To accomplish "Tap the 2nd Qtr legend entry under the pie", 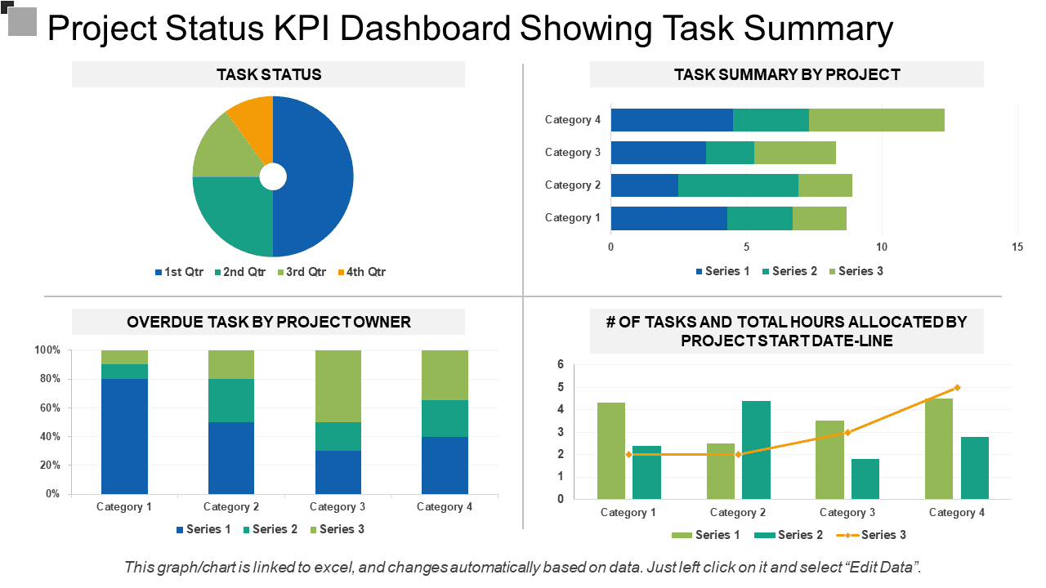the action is [x=240, y=272].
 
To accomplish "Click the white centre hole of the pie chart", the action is [x=273, y=177].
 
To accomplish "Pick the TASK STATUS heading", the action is [x=269, y=74].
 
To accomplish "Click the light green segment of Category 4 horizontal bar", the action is [x=877, y=120].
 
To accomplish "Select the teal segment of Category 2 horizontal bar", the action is [x=738, y=185].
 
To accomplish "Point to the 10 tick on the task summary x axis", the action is [x=881, y=247].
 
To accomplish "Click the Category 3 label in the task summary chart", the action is [x=573, y=153].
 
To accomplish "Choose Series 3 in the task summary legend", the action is [x=856, y=271].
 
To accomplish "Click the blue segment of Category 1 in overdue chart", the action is [x=125, y=436].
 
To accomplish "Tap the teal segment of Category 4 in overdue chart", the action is [x=445, y=419].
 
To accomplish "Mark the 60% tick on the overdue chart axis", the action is [x=50, y=408].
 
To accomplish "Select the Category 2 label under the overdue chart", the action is [x=231, y=507].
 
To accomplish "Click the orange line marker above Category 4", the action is [x=957, y=388].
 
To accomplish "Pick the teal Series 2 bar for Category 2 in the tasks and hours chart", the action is [x=756, y=450].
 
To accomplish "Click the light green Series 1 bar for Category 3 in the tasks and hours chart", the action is [x=829, y=460].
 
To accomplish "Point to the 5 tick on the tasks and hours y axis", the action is [x=561, y=387].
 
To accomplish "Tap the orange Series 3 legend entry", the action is [x=871, y=535].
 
